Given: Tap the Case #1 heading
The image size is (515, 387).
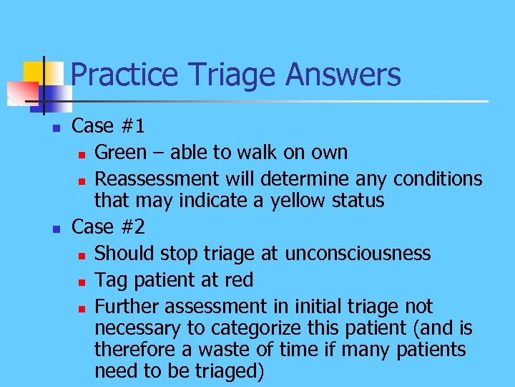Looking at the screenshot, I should point(109,126).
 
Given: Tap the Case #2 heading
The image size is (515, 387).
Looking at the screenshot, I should point(109,227).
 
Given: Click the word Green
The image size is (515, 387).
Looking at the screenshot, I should point(120,153).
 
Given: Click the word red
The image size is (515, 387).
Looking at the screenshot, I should point(238,279).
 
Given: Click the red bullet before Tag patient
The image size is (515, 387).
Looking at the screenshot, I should point(82,281).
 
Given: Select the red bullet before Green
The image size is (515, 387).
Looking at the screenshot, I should point(82,154).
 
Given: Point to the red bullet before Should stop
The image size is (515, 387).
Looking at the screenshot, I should point(82,255).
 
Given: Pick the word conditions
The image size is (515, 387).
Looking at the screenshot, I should point(437,178).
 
